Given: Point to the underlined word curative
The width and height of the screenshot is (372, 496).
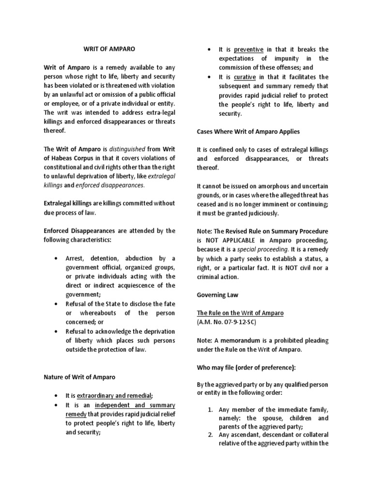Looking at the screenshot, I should pos(245,77).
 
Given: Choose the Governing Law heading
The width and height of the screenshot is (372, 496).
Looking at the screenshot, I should pos(217,294).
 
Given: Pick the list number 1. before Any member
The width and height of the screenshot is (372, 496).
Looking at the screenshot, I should pos(210,409).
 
